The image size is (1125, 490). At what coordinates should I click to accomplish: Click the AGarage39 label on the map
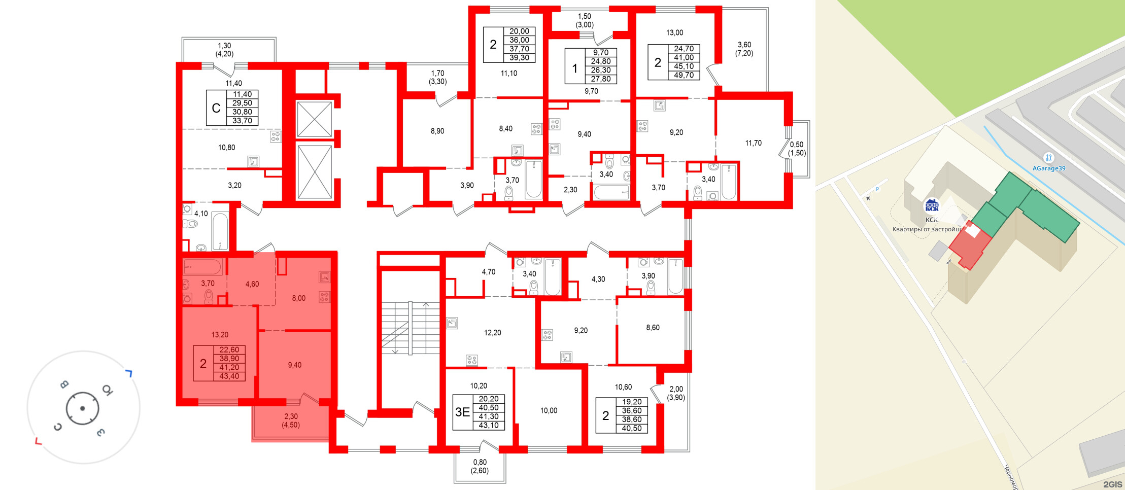click(x=1048, y=168)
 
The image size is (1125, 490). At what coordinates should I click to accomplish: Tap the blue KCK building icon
click(x=932, y=206)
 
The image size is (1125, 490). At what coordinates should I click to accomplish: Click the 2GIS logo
click(x=1112, y=484)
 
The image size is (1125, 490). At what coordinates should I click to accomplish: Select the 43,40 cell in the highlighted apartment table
click(x=229, y=376)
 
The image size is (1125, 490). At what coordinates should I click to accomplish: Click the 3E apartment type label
click(x=462, y=412)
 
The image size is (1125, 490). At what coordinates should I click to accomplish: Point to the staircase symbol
click(x=410, y=328)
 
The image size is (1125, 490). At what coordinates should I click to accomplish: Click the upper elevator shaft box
click(x=314, y=119)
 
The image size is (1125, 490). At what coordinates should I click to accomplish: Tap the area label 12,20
click(x=492, y=333)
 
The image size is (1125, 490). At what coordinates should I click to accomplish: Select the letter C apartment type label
click(x=216, y=108)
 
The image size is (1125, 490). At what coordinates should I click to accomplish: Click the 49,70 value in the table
click(x=684, y=75)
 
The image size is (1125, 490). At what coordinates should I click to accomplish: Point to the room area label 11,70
click(x=753, y=143)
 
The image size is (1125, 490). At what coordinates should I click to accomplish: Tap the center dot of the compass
click(x=82, y=408)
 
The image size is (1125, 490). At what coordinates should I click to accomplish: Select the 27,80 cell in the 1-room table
click(x=600, y=79)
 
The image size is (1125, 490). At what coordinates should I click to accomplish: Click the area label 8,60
click(x=653, y=328)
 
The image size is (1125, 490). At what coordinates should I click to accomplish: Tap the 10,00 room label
click(x=549, y=410)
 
